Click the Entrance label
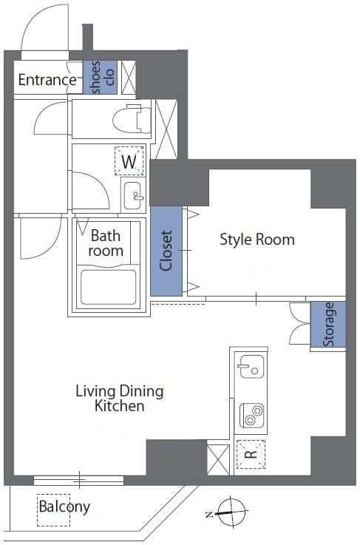47,80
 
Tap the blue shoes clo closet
100,77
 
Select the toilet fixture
132,118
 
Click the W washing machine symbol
129,161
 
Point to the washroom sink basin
133,195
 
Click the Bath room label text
106,243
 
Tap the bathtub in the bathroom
108,287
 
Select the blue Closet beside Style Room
166,251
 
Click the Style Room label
257,240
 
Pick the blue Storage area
328,325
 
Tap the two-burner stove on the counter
252,416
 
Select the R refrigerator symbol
251,454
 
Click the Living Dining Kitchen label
120,399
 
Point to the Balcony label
64,507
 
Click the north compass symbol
230,512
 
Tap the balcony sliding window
79,481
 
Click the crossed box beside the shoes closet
128,77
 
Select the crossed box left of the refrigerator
218,459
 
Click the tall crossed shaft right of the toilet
166,129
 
